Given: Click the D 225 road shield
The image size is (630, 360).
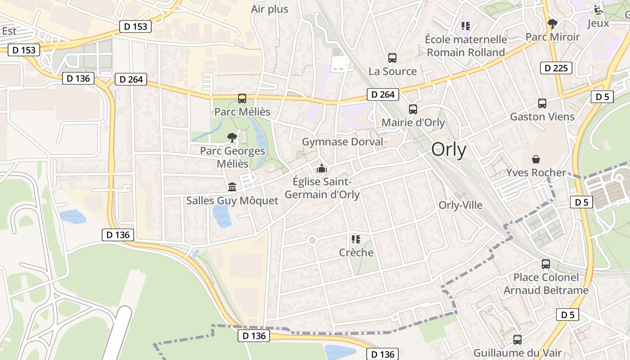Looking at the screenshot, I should pos(556,68).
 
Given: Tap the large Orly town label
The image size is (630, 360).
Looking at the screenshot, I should pos(449,150).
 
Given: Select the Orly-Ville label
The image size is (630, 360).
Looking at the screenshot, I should pos(460,205).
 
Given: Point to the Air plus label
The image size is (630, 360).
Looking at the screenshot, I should pos(270,9).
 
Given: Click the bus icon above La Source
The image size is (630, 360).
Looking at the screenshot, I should pos(392,58).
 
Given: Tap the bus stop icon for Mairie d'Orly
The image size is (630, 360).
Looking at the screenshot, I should pos(413,109).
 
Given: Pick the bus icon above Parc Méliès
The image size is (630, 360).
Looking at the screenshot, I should pos(242,99).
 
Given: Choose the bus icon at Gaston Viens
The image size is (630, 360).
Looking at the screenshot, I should pos(542,103).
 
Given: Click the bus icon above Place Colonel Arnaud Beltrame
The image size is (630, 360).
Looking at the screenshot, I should pos(546,264).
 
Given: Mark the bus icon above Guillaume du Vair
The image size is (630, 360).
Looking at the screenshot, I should pos(517,340).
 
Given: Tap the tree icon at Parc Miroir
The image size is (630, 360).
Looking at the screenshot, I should pos(553,24).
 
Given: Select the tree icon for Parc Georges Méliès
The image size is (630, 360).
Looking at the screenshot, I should pos(232,138).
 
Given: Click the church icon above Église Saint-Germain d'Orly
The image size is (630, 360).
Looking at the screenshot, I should pos(322,169).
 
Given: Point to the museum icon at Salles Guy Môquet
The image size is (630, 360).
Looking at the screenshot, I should pos(232,187).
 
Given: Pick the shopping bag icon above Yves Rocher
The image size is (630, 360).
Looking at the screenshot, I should pos(536,159).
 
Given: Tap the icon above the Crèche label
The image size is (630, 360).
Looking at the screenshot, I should pos(356,239).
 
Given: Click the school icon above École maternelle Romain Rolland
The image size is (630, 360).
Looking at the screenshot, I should pos(466,26).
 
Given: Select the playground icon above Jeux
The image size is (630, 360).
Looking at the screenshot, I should pos(598,9).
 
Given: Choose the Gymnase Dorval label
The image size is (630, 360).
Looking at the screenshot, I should pos(342,142).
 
